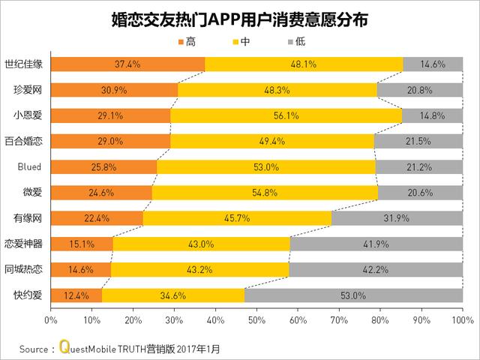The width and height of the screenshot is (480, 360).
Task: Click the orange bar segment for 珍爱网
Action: (x=114, y=90)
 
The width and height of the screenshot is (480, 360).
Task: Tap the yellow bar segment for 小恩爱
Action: (x=286, y=115)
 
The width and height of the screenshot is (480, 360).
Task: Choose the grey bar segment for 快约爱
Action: (x=353, y=295)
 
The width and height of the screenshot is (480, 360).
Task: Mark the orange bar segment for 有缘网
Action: (x=97, y=218)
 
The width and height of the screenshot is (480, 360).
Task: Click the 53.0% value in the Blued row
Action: (x=266, y=166)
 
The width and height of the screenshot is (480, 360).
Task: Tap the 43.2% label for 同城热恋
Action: (x=199, y=269)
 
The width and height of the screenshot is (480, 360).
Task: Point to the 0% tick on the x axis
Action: (x=51, y=321)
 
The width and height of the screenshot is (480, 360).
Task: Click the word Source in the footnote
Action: (x=34, y=349)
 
